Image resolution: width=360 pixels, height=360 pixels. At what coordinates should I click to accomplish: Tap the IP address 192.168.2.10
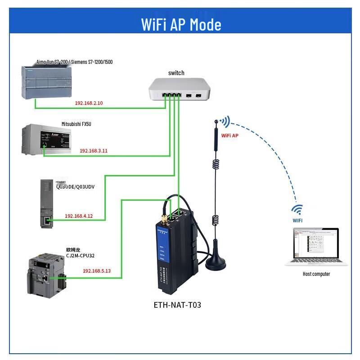point(89,103)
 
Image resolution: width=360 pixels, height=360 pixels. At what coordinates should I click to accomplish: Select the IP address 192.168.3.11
point(94,151)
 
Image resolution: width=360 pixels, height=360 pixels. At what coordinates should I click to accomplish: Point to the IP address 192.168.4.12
point(79,216)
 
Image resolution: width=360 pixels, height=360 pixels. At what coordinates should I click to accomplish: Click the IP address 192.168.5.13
point(97,271)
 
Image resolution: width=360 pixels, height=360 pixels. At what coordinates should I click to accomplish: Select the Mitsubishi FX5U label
point(76,124)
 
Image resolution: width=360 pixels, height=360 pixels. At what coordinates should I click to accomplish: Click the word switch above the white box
point(176,73)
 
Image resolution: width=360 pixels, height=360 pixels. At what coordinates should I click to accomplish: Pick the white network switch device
point(179,89)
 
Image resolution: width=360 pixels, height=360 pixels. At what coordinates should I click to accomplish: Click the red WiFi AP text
point(229,135)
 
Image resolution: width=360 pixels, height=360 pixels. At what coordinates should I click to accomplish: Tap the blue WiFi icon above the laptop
point(297,210)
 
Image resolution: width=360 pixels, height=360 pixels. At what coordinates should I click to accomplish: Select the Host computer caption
point(316,274)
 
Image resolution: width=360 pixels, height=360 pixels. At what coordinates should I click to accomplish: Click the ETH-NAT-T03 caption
point(177,305)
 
